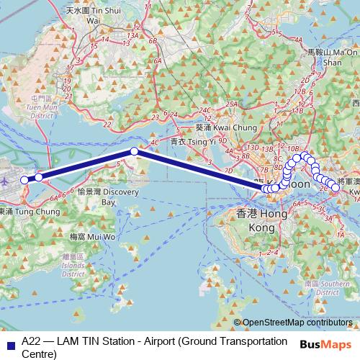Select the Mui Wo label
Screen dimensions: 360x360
coord(93,236)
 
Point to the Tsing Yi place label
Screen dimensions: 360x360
coord(210,142)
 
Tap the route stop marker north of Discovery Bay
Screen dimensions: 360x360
coord(134,151)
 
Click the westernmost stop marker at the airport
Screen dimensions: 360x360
coord(24,180)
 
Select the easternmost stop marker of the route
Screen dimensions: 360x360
coord(336,187)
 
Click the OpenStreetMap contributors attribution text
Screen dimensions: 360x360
coord(296,323)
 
